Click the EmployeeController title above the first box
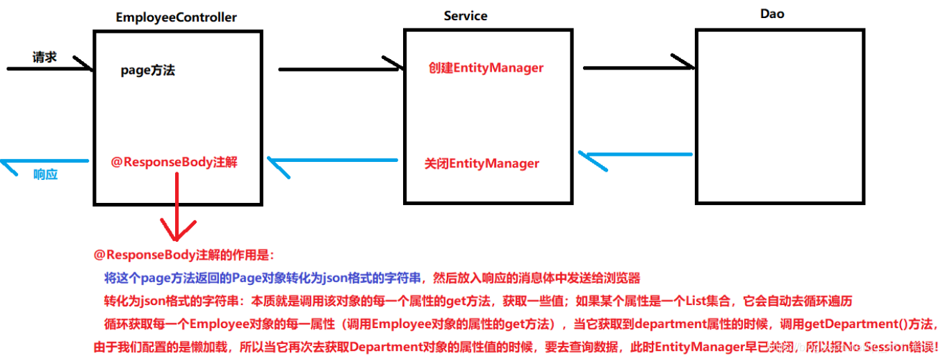176,17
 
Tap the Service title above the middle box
466,15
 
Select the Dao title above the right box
772,13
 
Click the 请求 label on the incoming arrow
44,57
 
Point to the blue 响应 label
46,174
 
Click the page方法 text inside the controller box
147,70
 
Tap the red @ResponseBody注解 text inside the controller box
174,162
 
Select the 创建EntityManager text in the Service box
486,68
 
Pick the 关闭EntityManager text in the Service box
482,164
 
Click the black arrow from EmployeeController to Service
341,68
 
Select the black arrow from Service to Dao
638,67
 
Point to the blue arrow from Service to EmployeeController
332,162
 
